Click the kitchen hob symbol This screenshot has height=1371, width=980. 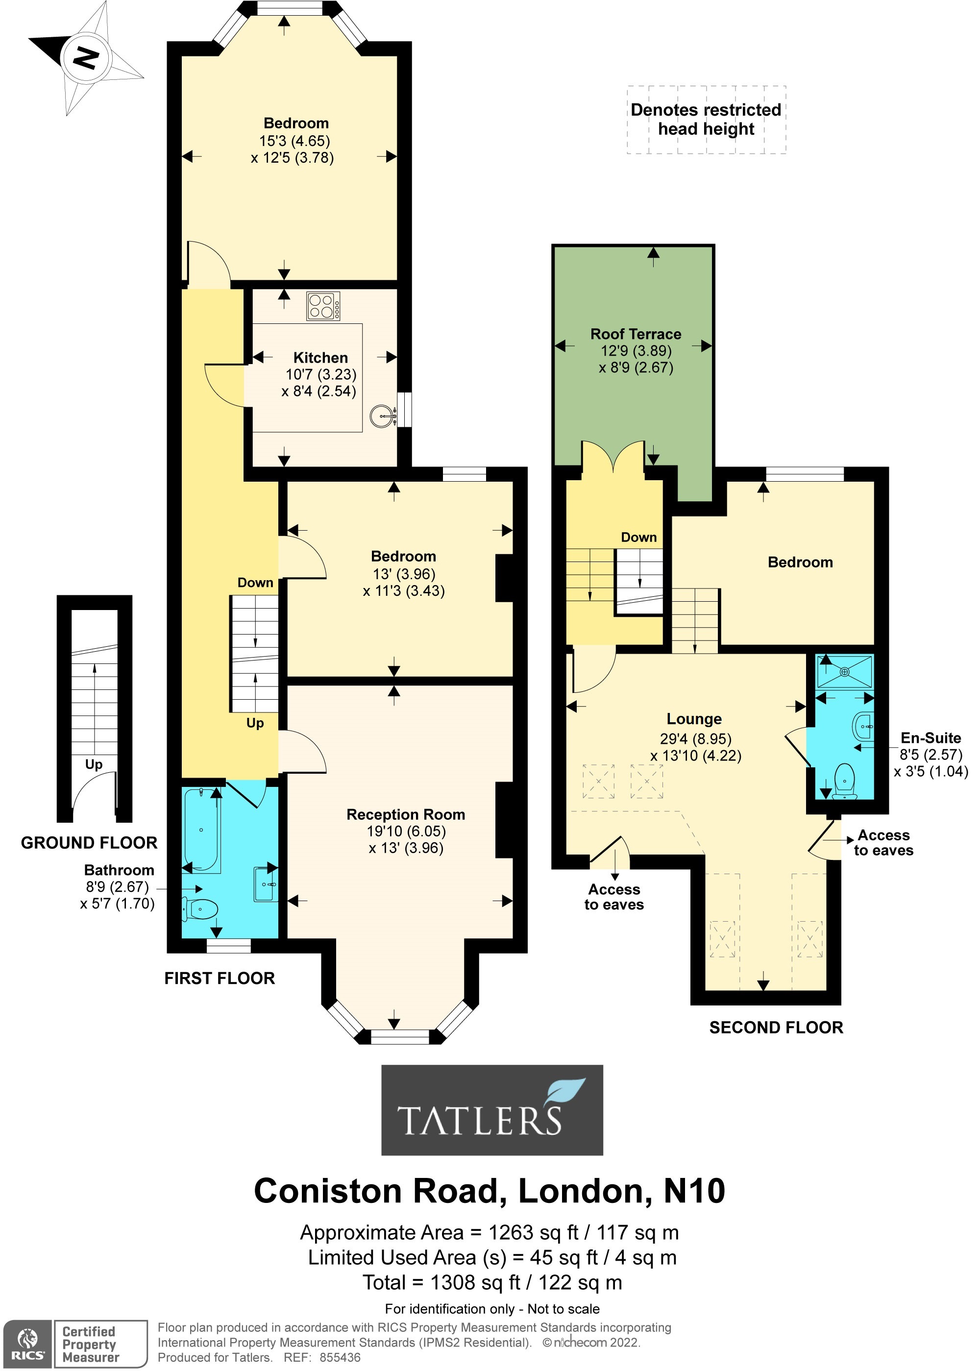coord(323,305)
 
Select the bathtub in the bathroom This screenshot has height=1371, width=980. coord(201,830)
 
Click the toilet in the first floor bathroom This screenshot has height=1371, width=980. coord(201,909)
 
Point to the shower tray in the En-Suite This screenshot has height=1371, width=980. coord(844,671)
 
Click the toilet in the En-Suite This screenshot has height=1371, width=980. coord(844,781)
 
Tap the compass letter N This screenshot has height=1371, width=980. coord(86,58)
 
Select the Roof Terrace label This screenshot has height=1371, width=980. coord(636,334)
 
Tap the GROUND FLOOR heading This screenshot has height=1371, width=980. coord(89,842)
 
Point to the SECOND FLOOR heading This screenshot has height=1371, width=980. coord(776,1027)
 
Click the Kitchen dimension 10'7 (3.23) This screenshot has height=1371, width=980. coord(320,374)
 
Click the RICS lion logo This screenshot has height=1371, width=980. coord(27,1344)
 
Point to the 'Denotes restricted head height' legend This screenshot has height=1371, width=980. coord(706,120)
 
